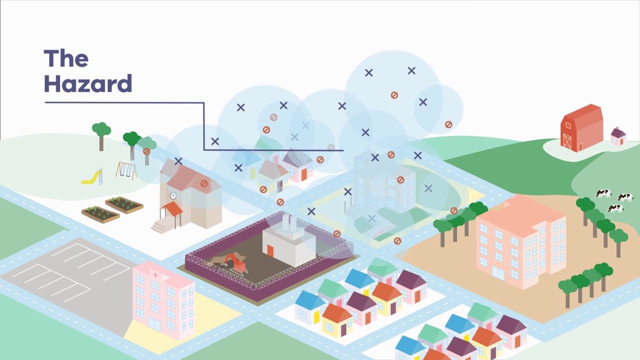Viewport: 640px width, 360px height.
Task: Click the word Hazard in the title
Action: pyautogui.click(x=88, y=84)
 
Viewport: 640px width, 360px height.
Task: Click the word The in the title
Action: pyautogui.click(x=66, y=59)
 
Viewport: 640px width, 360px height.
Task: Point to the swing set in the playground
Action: pyautogui.click(x=126, y=170)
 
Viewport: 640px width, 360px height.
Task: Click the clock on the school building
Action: pyautogui.click(x=173, y=195)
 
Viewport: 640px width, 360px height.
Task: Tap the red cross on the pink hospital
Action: pyautogui.click(x=155, y=275)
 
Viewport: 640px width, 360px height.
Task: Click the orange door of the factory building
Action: pyautogui.click(x=270, y=250)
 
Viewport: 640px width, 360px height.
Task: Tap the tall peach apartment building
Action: pyautogui.click(x=520, y=240)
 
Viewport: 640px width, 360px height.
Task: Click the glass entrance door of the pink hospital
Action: pyautogui.click(x=154, y=325)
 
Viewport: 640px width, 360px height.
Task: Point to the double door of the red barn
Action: pyautogui.click(x=567, y=141)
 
